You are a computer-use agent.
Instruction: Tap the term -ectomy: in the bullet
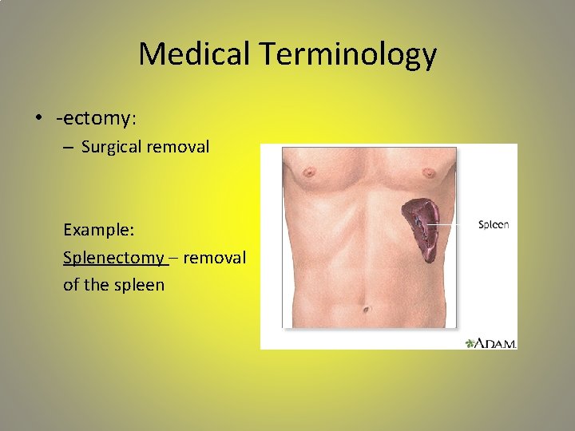click(x=97, y=119)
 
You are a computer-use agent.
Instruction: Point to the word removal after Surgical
click(x=181, y=147)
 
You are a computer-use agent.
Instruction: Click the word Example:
click(x=99, y=230)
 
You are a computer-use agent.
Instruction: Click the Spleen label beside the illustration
click(x=494, y=225)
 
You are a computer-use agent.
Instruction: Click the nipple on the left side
click(x=307, y=172)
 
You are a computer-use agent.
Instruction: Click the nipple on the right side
click(x=427, y=172)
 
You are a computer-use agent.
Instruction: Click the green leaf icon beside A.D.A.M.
click(x=470, y=342)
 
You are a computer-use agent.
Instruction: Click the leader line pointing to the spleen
click(x=451, y=225)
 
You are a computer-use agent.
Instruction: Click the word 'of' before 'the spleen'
click(x=72, y=285)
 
